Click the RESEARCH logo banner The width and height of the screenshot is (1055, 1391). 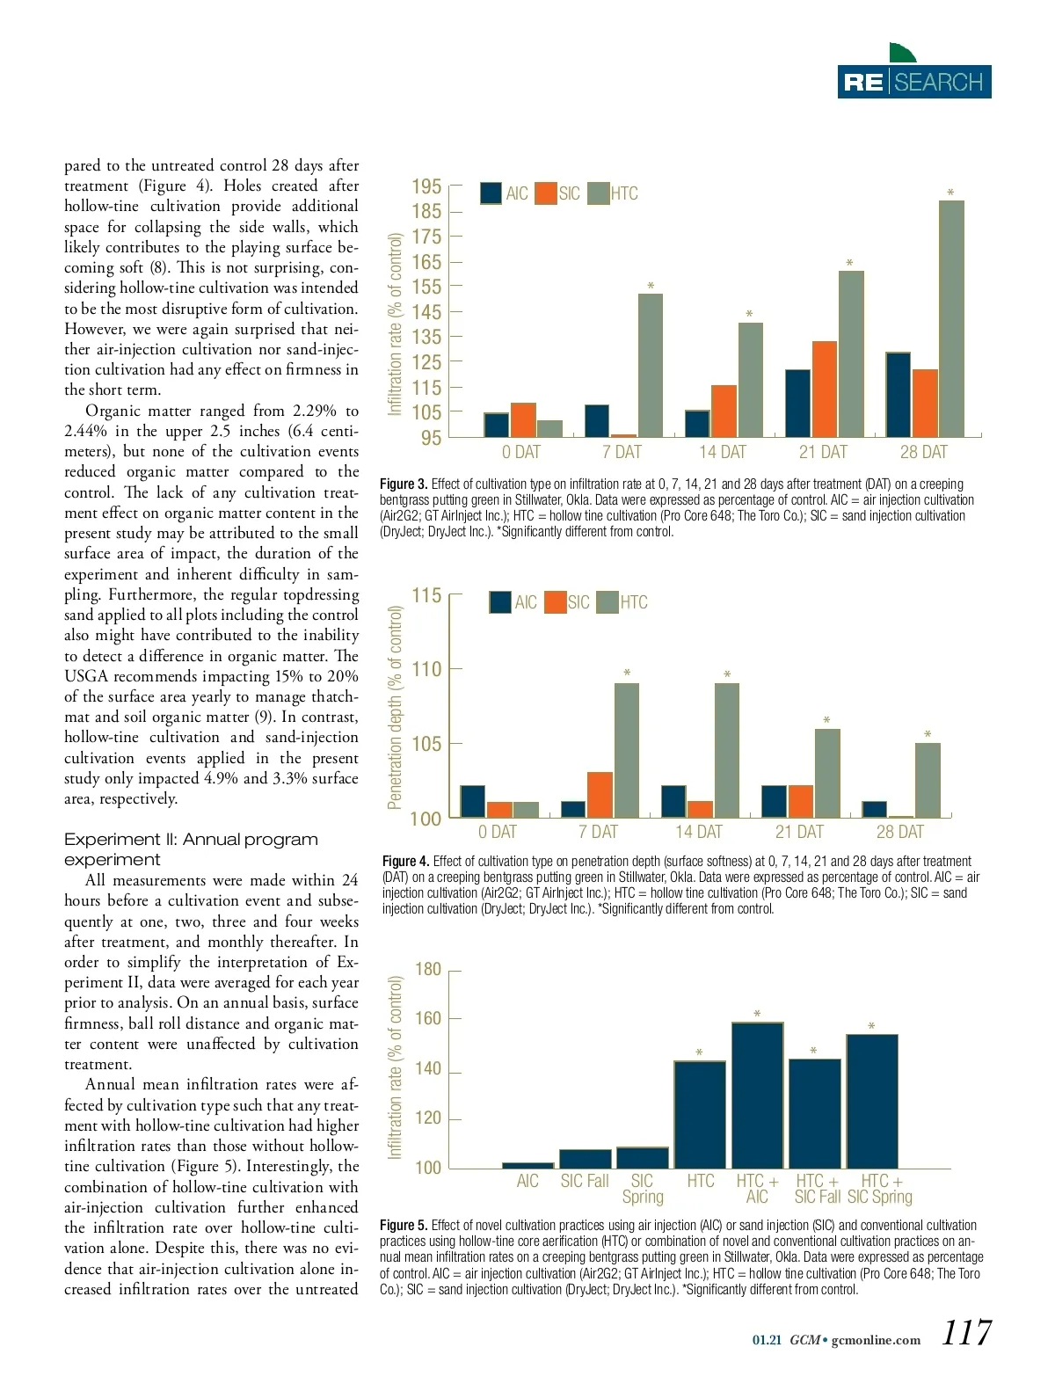[x=914, y=82]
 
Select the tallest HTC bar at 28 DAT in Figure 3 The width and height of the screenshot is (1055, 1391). [x=951, y=318]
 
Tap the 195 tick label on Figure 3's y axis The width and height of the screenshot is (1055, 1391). [x=426, y=186]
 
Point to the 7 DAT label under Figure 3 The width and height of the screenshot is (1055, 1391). [x=622, y=452]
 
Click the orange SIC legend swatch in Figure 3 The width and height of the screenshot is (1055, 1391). [x=545, y=193]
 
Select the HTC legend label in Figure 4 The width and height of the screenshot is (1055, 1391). [x=634, y=602]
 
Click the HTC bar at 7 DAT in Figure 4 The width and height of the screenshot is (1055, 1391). [x=627, y=750]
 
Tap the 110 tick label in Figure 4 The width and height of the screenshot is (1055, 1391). [x=426, y=669]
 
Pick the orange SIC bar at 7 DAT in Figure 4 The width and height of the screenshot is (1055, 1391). [x=600, y=795]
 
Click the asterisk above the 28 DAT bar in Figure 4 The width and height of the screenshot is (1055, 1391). [x=928, y=734]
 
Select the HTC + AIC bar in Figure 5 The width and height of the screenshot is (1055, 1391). [x=757, y=1095]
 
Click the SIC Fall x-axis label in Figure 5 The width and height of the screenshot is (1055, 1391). [x=585, y=1181]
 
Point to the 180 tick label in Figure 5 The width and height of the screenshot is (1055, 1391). [x=427, y=969]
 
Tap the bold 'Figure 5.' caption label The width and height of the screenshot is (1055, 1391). [x=404, y=1225]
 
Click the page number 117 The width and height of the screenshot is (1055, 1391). [x=966, y=1333]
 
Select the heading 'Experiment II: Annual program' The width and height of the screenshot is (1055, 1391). [x=191, y=839]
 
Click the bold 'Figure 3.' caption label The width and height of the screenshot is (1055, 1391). [x=404, y=484]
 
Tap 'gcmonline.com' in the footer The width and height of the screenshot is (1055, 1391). [x=876, y=1340]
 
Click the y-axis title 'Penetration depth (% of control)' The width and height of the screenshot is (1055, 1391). [x=395, y=707]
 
